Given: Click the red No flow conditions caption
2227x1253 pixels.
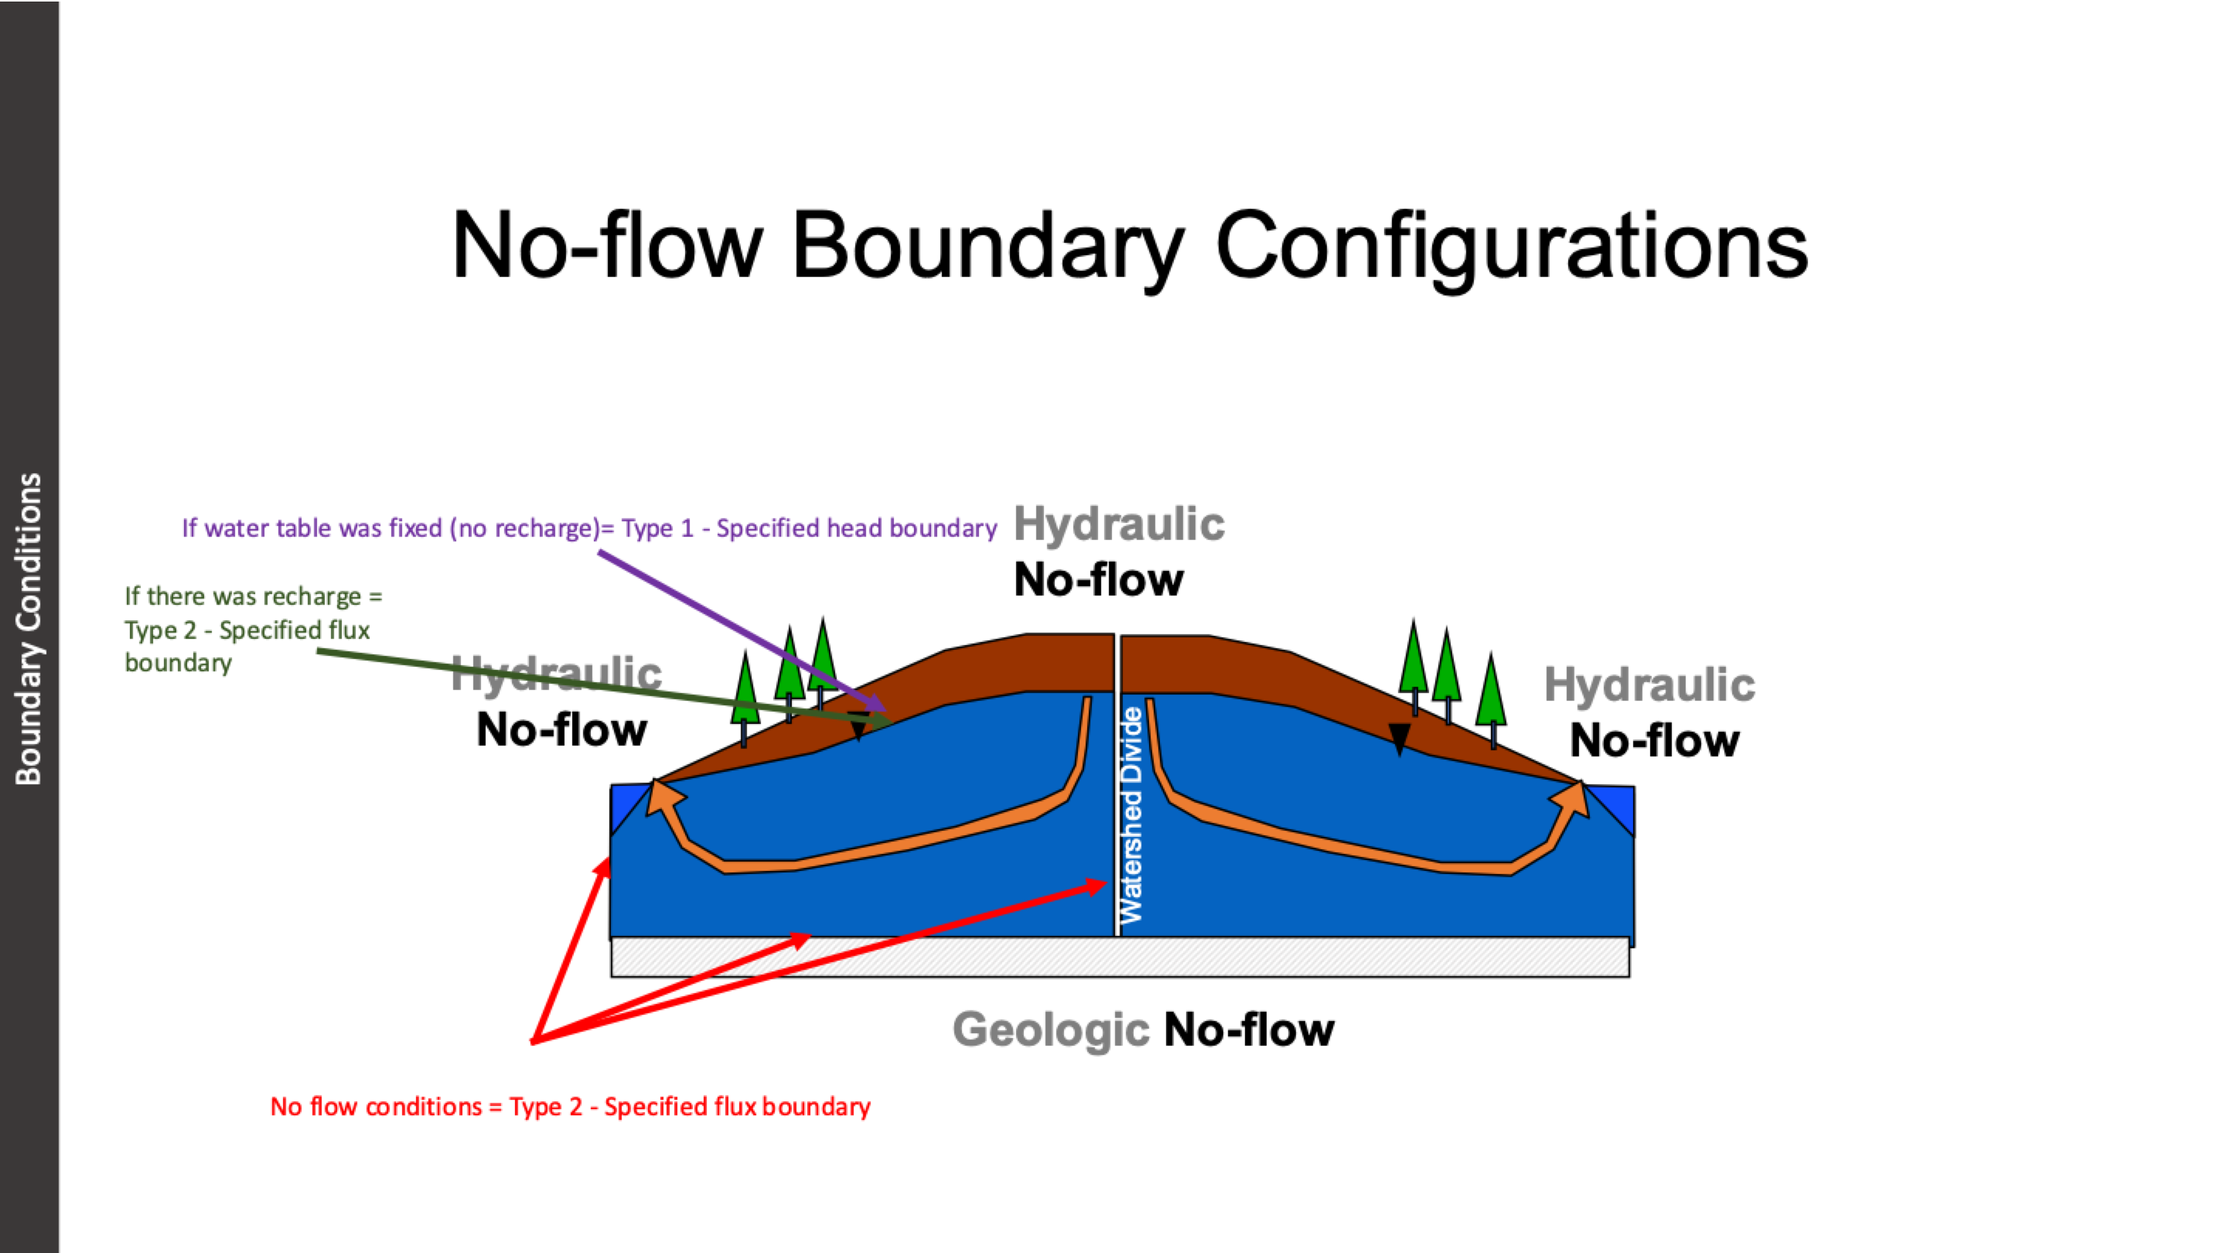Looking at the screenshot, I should tap(570, 1107).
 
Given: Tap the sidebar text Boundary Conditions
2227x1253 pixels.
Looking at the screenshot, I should tap(29, 629).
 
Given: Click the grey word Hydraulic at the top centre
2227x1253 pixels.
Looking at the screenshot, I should tap(1119, 524).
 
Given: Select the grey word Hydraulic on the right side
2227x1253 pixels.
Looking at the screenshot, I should tap(1649, 685).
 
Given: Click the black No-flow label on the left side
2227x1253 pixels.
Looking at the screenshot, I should tap(561, 730).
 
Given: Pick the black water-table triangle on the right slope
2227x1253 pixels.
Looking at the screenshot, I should tap(1399, 738).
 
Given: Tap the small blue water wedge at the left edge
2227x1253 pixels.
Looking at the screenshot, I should tap(624, 804).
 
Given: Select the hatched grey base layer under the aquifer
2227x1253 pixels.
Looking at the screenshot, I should tap(1120, 958).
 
